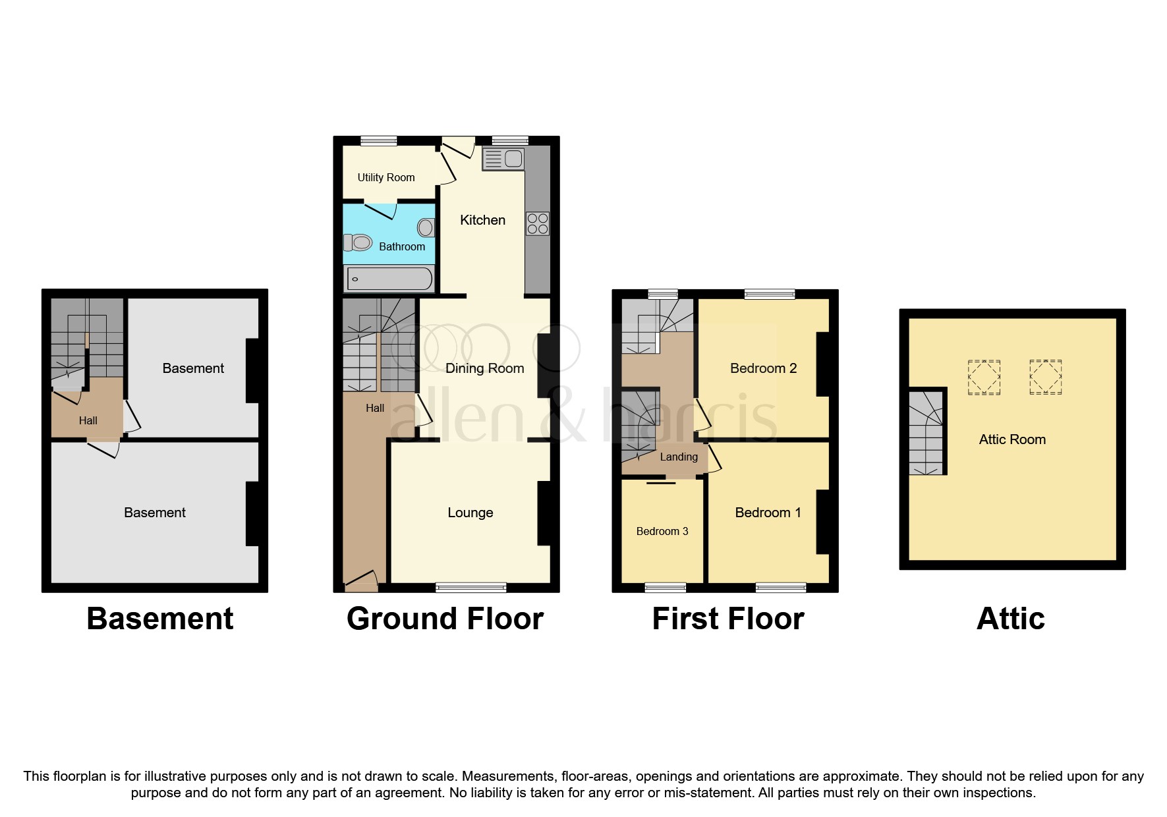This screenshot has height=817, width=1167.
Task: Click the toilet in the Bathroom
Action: click(x=358, y=242)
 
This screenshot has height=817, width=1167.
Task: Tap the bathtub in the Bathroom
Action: click(x=389, y=279)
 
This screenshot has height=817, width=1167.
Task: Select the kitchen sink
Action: click(x=503, y=159)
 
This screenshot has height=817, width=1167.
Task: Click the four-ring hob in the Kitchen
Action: click(x=538, y=223)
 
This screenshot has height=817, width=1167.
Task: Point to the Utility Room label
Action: click(x=386, y=177)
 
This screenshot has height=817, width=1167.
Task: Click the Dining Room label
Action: click(x=484, y=368)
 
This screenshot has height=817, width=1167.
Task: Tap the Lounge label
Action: click(x=470, y=513)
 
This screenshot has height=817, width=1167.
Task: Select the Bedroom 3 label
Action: click(x=662, y=531)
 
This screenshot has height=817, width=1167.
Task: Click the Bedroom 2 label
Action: click(x=763, y=368)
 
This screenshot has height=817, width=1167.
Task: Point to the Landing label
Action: click(x=679, y=457)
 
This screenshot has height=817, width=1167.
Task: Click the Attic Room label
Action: click(x=1012, y=439)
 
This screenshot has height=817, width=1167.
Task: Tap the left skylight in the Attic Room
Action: click(x=984, y=378)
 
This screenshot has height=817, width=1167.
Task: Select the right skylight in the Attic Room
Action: click(x=1045, y=377)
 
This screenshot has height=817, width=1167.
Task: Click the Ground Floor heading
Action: click(x=445, y=619)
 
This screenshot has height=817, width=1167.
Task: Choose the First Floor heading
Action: click(x=728, y=619)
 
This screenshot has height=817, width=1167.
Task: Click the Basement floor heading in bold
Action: click(x=160, y=619)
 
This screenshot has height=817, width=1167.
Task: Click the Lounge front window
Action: click(x=470, y=586)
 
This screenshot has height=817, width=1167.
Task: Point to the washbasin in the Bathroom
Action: click(x=426, y=228)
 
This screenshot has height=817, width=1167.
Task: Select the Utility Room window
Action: click(x=379, y=140)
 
